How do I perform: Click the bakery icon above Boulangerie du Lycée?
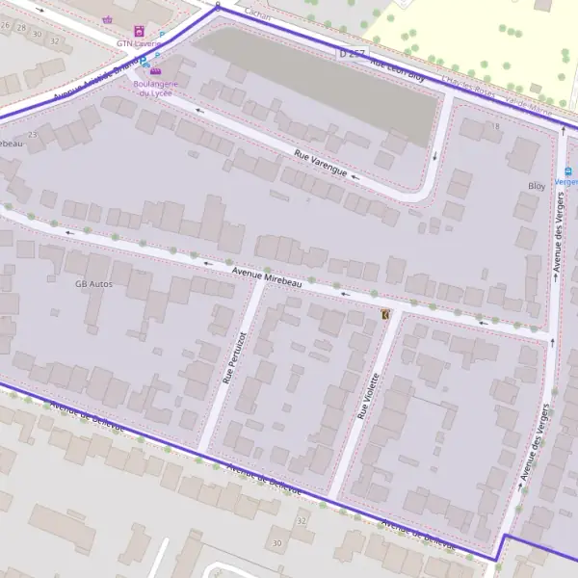click(x=155, y=71)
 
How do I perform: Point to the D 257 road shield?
click(x=352, y=55)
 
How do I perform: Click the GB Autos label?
click(x=93, y=284)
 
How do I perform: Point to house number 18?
click(x=496, y=126)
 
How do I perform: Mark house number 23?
click(x=33, y=135)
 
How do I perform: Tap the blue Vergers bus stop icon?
click(x=568, y=171)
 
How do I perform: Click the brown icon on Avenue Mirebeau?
click(x=385, y=314)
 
